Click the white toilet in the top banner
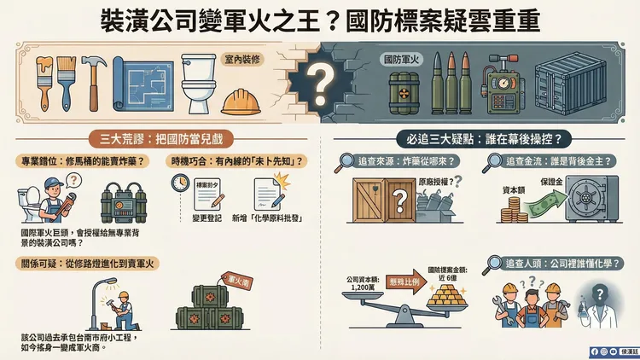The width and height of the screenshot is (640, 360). [199, 84]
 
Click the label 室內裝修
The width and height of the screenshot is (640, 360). [241, 61]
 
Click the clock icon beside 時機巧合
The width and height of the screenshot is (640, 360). [180, 183]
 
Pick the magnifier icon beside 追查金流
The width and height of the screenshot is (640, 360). [495, 161]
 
